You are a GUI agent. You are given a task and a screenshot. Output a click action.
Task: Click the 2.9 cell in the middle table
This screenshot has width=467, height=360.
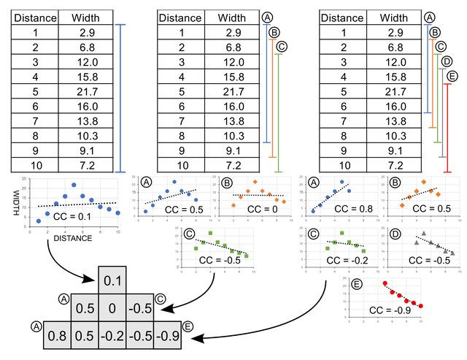(233, 32)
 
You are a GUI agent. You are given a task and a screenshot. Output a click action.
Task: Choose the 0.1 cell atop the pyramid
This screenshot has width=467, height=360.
(112, 280)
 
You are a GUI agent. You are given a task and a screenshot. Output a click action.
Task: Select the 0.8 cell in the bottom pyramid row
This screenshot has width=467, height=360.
(55, 336)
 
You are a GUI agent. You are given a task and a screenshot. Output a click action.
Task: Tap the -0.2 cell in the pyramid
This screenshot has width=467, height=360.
(112, 336)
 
